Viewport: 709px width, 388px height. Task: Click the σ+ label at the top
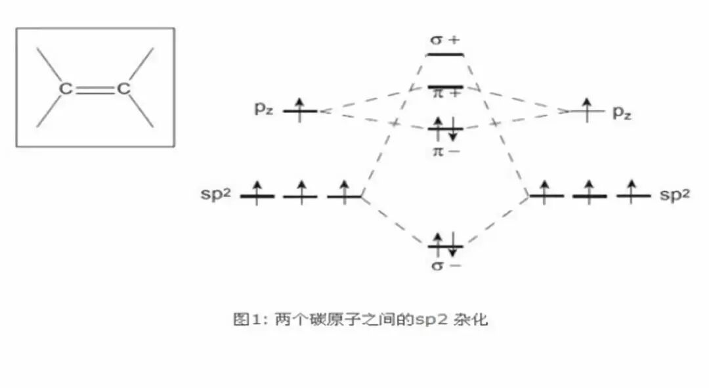(x=445, y=39)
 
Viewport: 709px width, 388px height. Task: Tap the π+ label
(x=446, y=94)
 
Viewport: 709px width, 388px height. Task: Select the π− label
(x=446, y=152)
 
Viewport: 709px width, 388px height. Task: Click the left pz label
(x=263, y=110)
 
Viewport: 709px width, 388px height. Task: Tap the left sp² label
(x=217, y=196)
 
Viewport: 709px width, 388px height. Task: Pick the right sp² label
(x=675, y=195)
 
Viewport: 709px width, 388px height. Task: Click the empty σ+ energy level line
(x=445, y=54)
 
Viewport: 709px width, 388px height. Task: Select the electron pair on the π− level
(x=446, y=129)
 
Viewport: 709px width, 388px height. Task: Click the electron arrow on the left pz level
(x=300, y=109)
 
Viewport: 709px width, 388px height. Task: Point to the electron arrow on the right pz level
(x=586, y=110)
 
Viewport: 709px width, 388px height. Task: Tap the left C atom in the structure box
(x=66, y=89)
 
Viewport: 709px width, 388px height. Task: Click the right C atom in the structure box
(x=123, y=89)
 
